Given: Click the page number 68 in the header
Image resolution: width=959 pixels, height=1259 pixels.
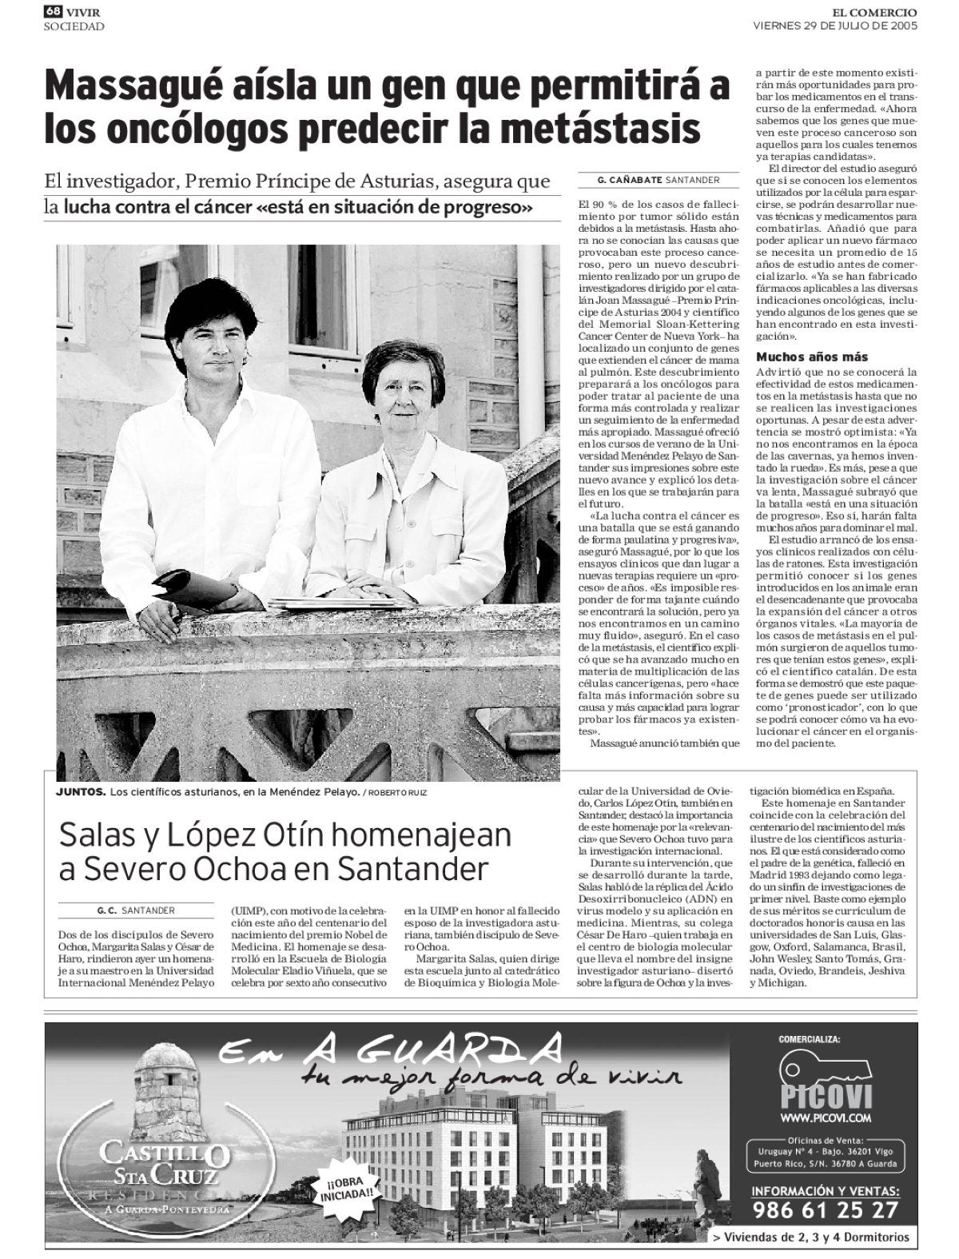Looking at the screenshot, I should [x=53, y=11].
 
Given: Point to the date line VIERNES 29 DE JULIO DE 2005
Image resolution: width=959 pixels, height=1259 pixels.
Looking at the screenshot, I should [x=835, y=25].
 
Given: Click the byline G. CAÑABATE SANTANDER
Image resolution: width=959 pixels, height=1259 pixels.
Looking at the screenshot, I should [x=658, y=181].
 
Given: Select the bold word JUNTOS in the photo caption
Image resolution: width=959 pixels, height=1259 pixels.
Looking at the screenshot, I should [x=80, y=792].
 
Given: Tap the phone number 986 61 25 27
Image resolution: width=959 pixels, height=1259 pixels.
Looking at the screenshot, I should [x=824, y=1209].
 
